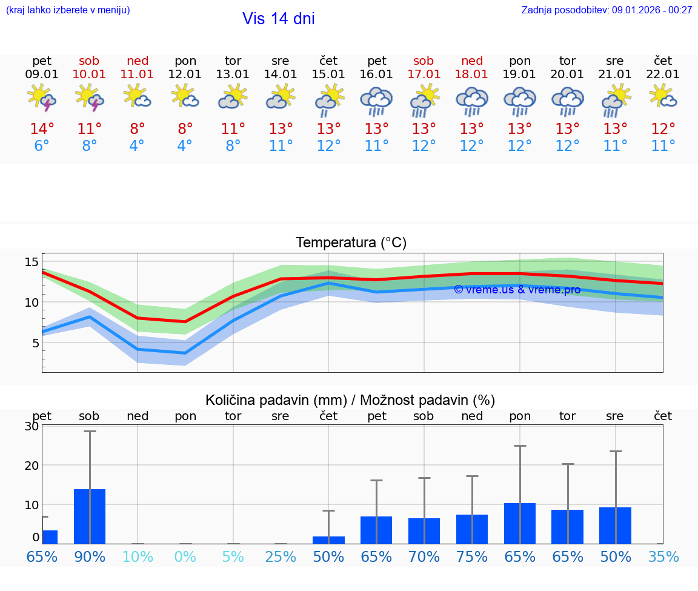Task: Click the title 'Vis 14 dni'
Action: [278, 19]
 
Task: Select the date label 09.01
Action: [42, 75]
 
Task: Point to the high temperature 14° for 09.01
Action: [42, 129]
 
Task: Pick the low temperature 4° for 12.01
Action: [185, 146]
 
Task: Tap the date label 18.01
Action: [472, 75]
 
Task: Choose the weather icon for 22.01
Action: [663, 97]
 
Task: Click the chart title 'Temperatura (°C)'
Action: [351, 243]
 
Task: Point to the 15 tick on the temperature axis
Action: [32, 262]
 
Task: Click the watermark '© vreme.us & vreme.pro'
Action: [517, 290]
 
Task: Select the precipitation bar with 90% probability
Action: [90, 516]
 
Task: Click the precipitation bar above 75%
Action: [472, 529]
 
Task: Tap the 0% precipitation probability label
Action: [185, 557]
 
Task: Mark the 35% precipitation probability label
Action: [663, 557]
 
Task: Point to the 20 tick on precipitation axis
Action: [32, 465]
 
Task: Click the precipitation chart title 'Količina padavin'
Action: [350, 400]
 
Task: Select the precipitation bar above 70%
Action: [424, 531]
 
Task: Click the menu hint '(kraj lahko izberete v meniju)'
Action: [68, 10]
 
